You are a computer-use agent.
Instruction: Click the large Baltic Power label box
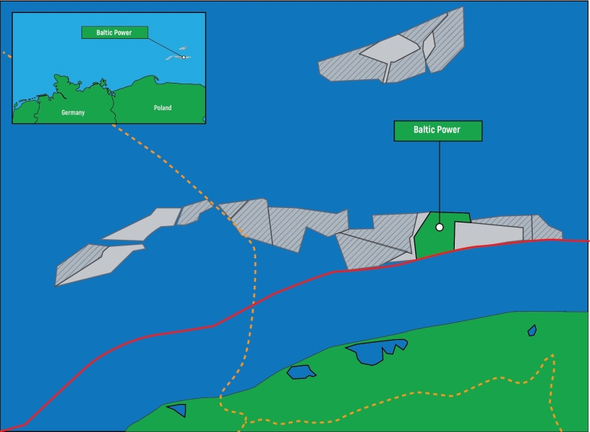pyautogui.click(x=437, y=130)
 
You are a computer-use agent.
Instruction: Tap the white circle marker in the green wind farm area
pyautogui.click(x=440, y=227)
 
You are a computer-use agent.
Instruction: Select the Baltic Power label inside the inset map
pyautogui.click(x=114, y=32)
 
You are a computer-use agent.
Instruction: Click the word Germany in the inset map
pyautogui.click(x=73, y=113)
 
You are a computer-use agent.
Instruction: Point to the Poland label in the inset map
pyautogui.click(x=163, y=108)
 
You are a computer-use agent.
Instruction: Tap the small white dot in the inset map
pyautogui.click(x=183, y=57)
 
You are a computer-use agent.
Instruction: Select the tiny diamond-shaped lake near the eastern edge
pyautogui.click(x=532, y=330)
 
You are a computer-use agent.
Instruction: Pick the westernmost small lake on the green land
pyautogui.click(x=177, y=410)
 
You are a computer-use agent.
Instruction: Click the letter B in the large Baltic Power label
pyautogui.click(x=417, y=130)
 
